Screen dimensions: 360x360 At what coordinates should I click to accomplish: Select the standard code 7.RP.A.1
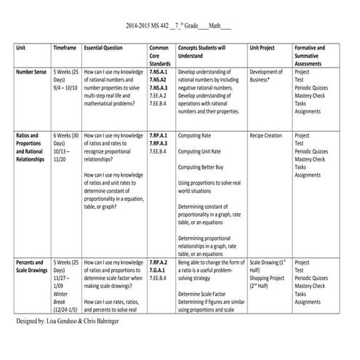point(158,135)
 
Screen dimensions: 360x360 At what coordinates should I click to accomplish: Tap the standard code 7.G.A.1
point(157,270)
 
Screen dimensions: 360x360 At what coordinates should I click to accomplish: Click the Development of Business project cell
point(266,76)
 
